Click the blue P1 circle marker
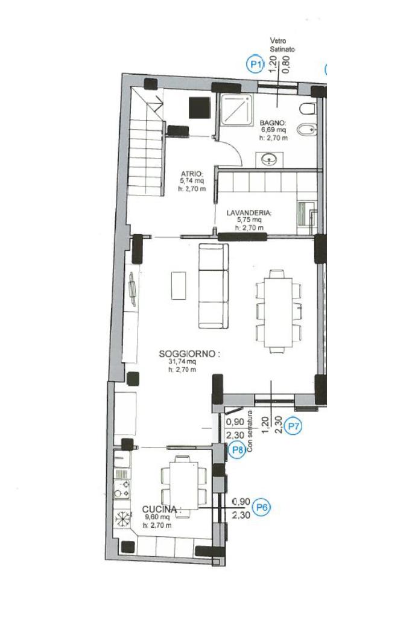256,64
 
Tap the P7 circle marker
294,426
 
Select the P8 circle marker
237,449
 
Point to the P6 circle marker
262,507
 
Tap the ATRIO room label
192,174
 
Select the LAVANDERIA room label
249,213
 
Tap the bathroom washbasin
269,159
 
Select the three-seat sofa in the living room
214,286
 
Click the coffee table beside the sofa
179,285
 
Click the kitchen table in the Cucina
184,486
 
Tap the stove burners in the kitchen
122,487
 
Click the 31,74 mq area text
182,362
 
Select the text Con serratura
250,431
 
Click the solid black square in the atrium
200,107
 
